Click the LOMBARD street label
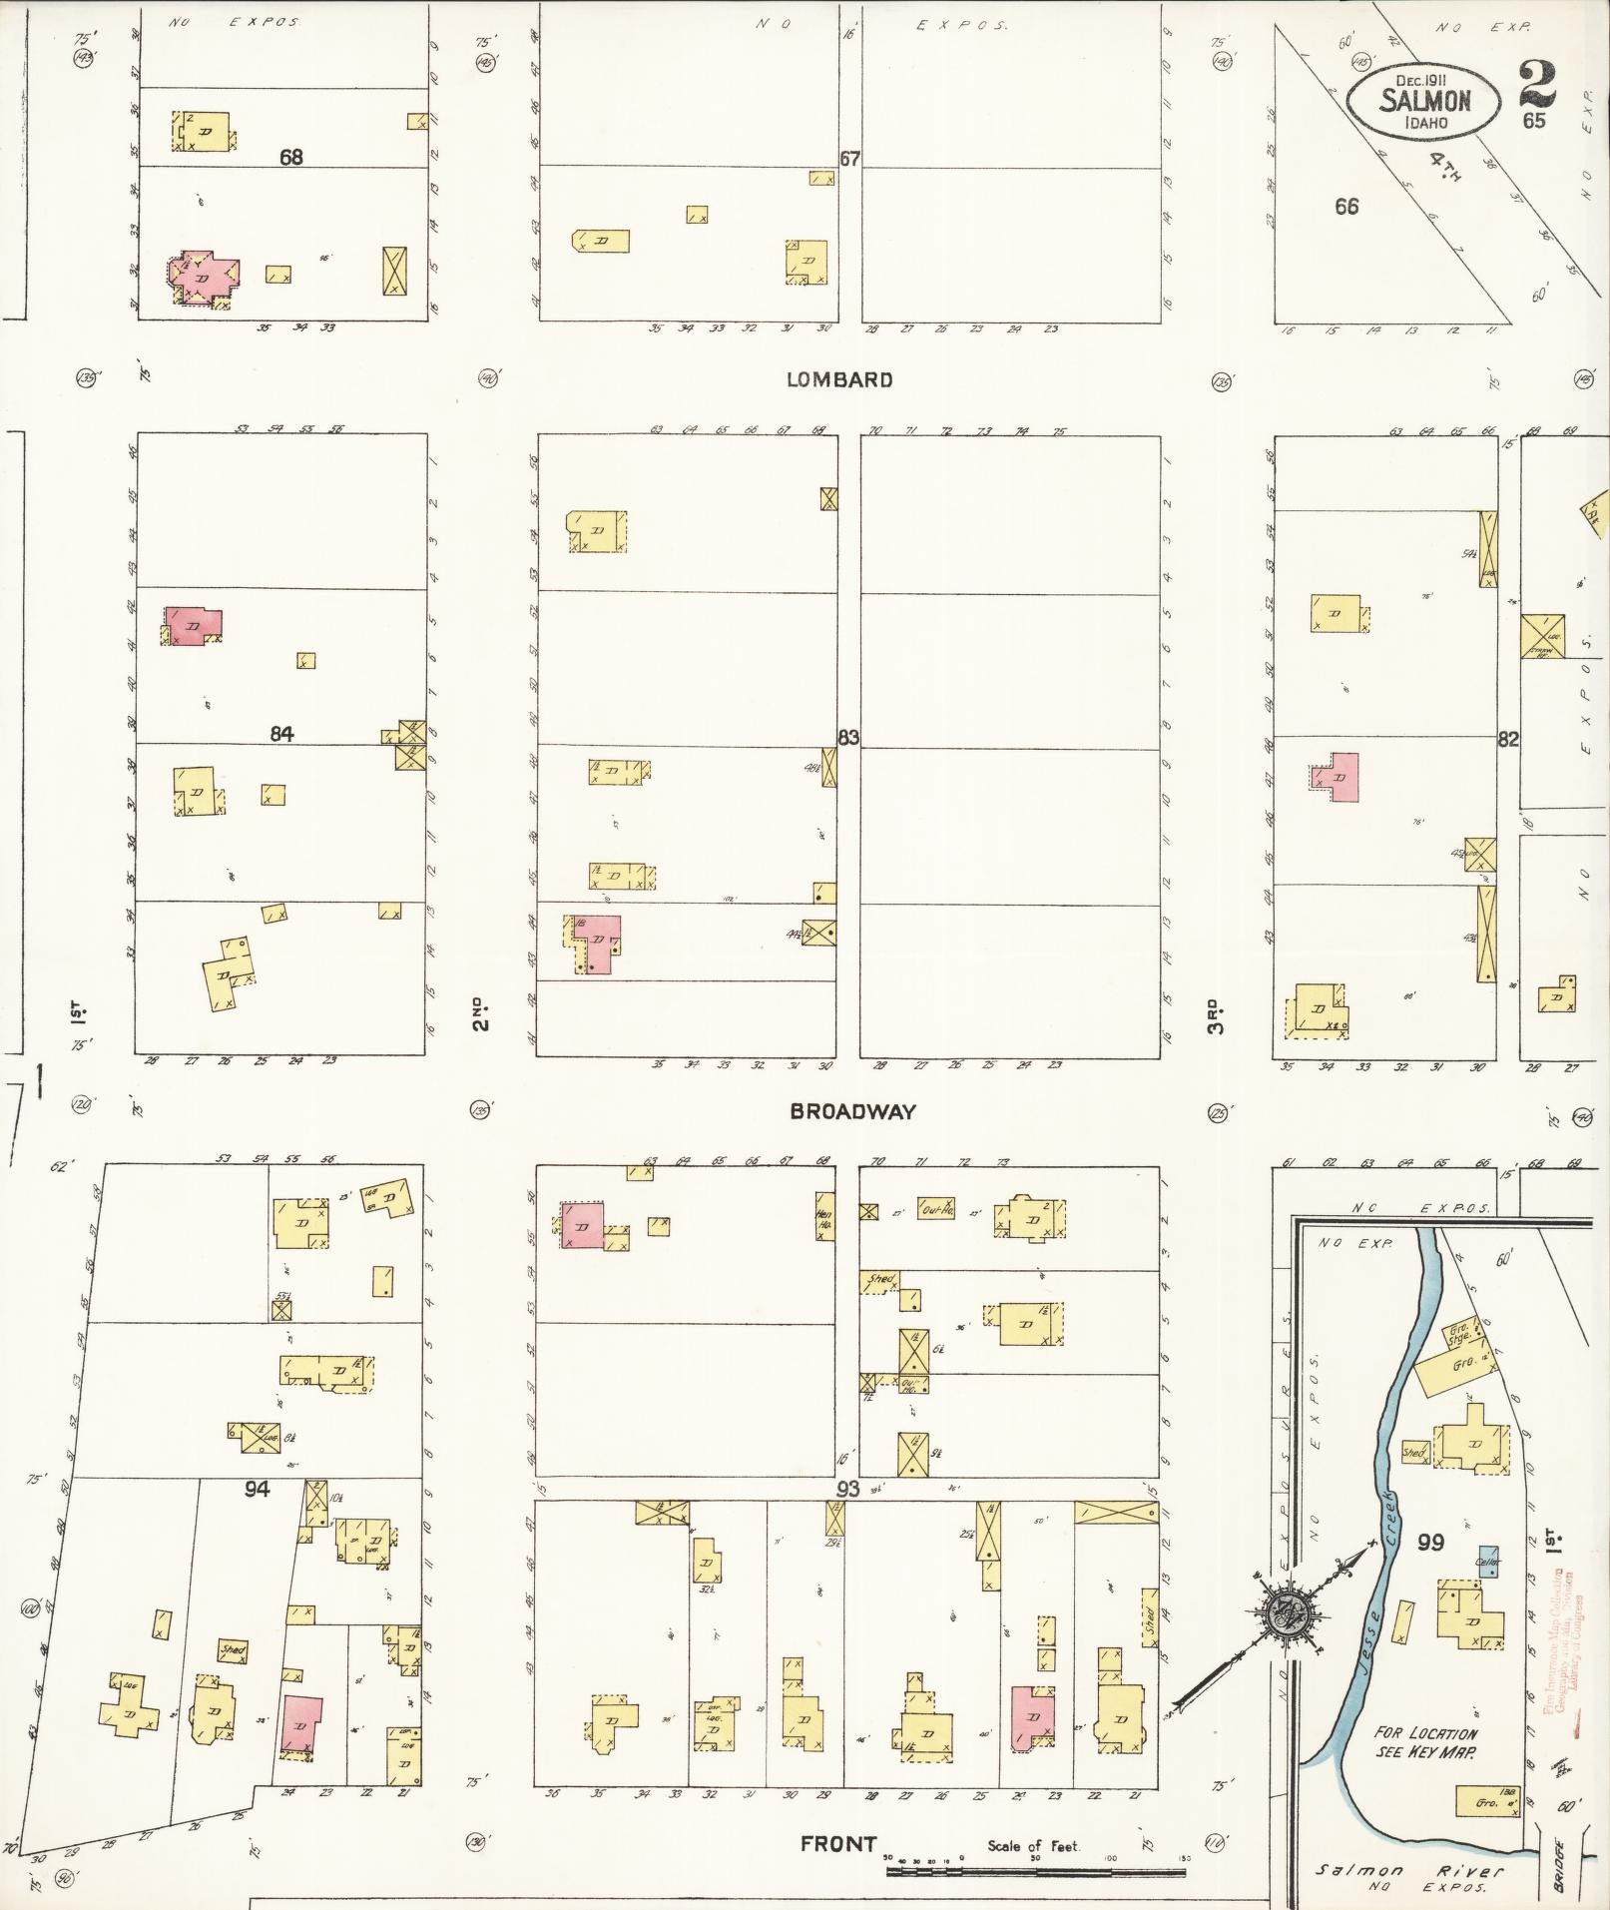tap(838, 379)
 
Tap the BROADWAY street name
tap(852, 1111)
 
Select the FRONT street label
tap(838, 1844)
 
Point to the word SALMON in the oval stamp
tap(1425, 101)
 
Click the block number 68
tap(291, 157)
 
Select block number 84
tap(282, 734)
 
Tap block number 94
tap(258, 1489)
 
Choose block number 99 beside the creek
tap(1430, 1543)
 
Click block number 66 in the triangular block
tap(1346, 207)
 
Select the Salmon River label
tap(1410, 1871)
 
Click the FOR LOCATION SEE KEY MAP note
tap(1425, 1742)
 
